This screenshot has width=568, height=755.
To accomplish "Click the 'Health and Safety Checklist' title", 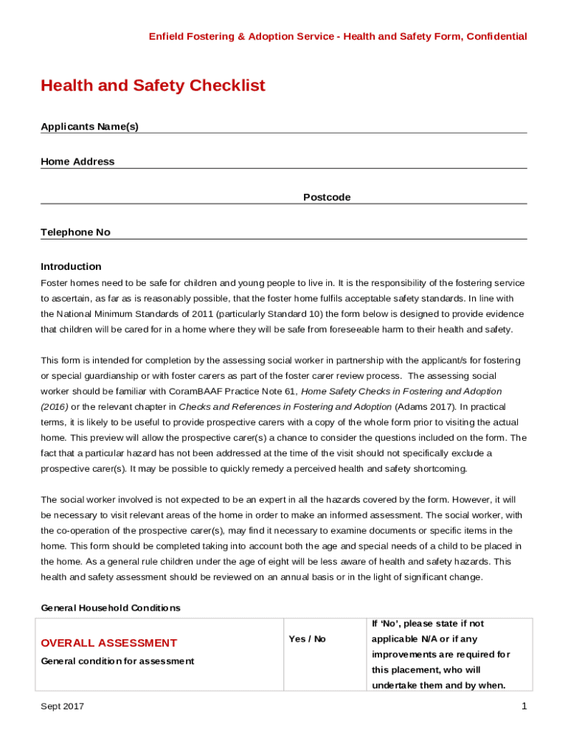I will [x=153, y=86].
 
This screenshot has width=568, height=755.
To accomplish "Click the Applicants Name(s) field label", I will [x=89, y=127].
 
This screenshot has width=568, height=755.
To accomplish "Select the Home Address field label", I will [x=77, y=162].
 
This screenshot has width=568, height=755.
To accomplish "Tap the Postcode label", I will [x=327, y=198].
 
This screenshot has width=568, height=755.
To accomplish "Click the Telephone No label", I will [x=75, y=233].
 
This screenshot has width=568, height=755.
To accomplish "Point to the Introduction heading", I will [x=71, y=267].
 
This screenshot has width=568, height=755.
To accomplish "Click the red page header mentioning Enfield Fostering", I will [x=338, y=36].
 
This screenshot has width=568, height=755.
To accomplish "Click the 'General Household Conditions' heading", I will [x=110, y=608].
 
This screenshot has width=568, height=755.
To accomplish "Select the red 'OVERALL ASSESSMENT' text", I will [x=108, y=643].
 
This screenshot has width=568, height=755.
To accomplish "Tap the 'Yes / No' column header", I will [x=307, y=639].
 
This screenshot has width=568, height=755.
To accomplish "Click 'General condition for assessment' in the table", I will [x=117, y=661].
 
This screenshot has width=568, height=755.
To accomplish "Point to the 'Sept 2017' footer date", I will [x=62, y=707].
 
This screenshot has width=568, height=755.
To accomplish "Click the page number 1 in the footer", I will [x=523, y=707].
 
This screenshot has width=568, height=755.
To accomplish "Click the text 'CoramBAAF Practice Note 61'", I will [x=232, y=392].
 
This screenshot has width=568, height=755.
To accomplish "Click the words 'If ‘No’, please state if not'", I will [x=428, y=624].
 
